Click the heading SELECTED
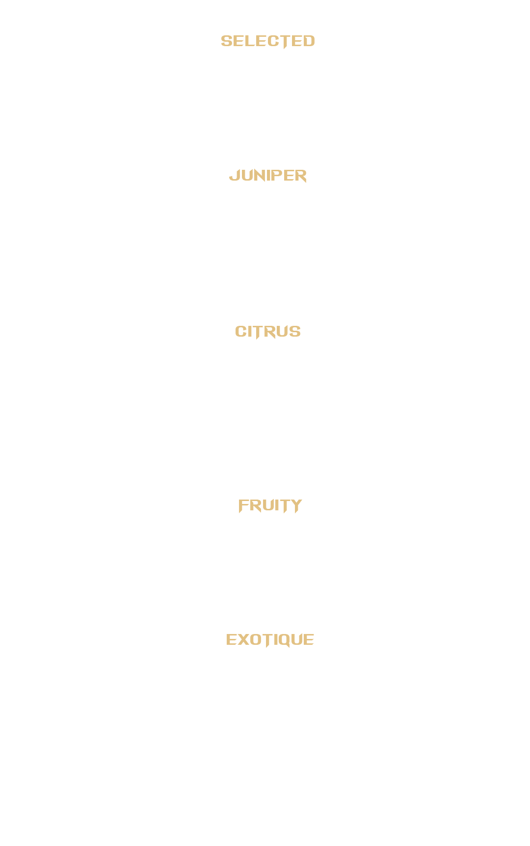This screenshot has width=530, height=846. coord(267,41)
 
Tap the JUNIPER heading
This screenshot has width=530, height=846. coord(267,175)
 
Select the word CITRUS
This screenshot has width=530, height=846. coord(267,332)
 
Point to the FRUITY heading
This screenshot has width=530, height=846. coord(270,505)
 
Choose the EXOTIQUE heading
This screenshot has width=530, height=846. coord(270,640)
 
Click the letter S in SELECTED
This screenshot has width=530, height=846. coord(227,41)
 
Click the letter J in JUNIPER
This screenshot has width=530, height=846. coord(234,175)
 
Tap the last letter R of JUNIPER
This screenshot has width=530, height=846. coord(300,176)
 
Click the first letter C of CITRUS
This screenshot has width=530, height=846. coord(240,332)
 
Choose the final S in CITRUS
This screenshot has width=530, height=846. coord(294,332)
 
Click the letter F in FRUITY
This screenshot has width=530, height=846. coord(243,506)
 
